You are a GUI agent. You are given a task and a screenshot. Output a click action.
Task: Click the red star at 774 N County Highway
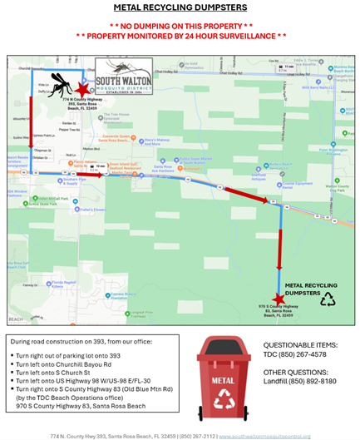81,87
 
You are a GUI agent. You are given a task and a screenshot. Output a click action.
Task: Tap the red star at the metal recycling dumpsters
278,299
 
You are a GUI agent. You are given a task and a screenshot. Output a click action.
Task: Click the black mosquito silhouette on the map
59,82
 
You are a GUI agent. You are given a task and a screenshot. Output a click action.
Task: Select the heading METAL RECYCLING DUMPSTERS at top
180,7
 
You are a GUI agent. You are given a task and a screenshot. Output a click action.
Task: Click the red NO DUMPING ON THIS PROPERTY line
180,26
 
